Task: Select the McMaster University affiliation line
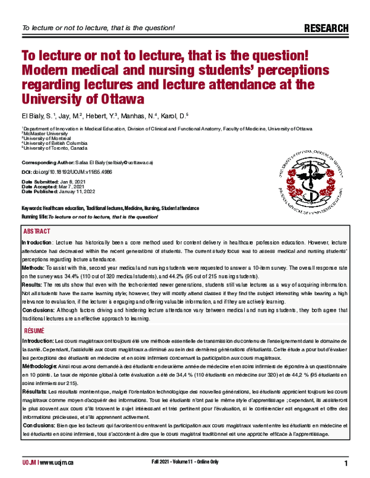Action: (44, 132)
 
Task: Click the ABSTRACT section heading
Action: (37, 231)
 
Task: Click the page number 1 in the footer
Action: (346, 463)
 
